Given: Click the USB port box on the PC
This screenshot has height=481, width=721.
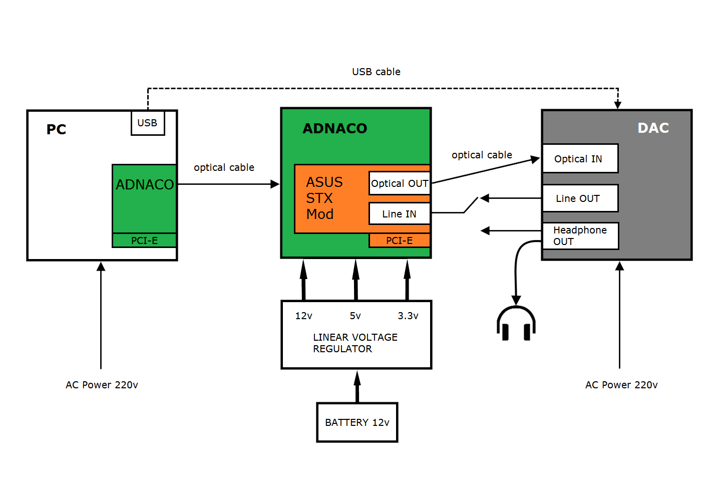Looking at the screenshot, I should tap(148, 123).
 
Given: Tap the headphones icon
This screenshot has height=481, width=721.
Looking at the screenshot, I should tap(516, 324).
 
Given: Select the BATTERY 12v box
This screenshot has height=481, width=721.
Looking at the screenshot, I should tap(357, 422).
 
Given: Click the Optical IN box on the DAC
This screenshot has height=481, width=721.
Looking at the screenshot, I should tap(580, 159).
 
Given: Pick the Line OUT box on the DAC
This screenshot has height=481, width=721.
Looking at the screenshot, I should tap(580, 198).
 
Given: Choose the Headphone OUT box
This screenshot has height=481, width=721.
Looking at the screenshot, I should tap(580, 236).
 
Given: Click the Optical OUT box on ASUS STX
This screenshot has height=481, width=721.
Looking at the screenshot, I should tap(400, 183).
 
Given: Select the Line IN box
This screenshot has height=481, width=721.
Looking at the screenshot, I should tap(400, 214).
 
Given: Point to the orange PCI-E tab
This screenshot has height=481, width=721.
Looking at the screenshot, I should tap(400, 241).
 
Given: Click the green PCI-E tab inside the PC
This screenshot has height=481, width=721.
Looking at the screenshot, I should tap(144, 241).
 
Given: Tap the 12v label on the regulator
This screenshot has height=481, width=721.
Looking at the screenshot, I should tap(303, 316).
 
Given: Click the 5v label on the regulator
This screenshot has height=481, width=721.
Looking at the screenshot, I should tap(355, 316).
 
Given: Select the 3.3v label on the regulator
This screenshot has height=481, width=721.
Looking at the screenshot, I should tap(408, 316).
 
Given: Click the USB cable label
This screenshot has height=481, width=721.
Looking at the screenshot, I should tap(376, 72).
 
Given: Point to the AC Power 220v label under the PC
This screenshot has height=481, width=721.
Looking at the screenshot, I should tap(102, 385).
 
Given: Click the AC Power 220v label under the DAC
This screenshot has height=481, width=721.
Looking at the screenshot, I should tap(621, 385).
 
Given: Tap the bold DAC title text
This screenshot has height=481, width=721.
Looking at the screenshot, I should tap(653, 128).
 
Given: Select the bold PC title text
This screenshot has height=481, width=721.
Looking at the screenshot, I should tap(56, 130).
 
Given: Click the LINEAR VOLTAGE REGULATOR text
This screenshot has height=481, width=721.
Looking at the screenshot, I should tap(355, 343).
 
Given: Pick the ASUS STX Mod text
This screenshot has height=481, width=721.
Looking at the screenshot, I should tap(324, 198).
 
